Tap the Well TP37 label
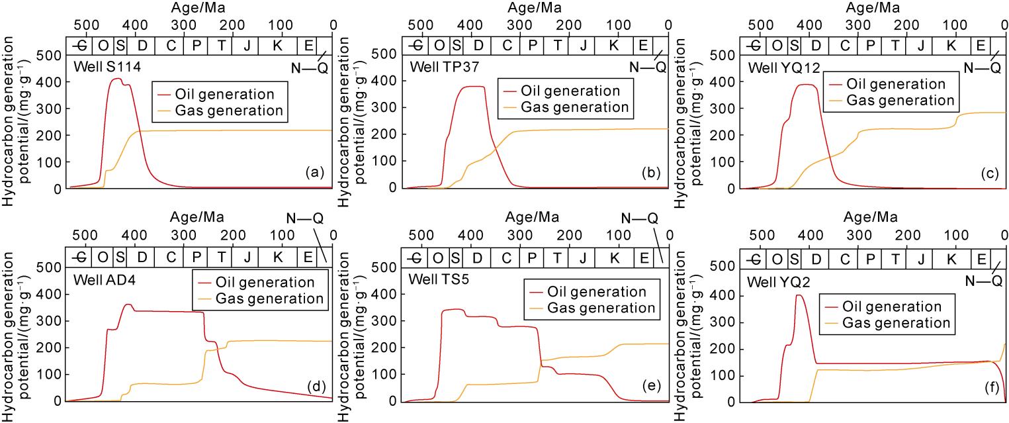[439, 67]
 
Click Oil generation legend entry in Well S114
[224, 94]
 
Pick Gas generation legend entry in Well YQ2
[897, 323]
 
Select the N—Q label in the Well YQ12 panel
[982, 67]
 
